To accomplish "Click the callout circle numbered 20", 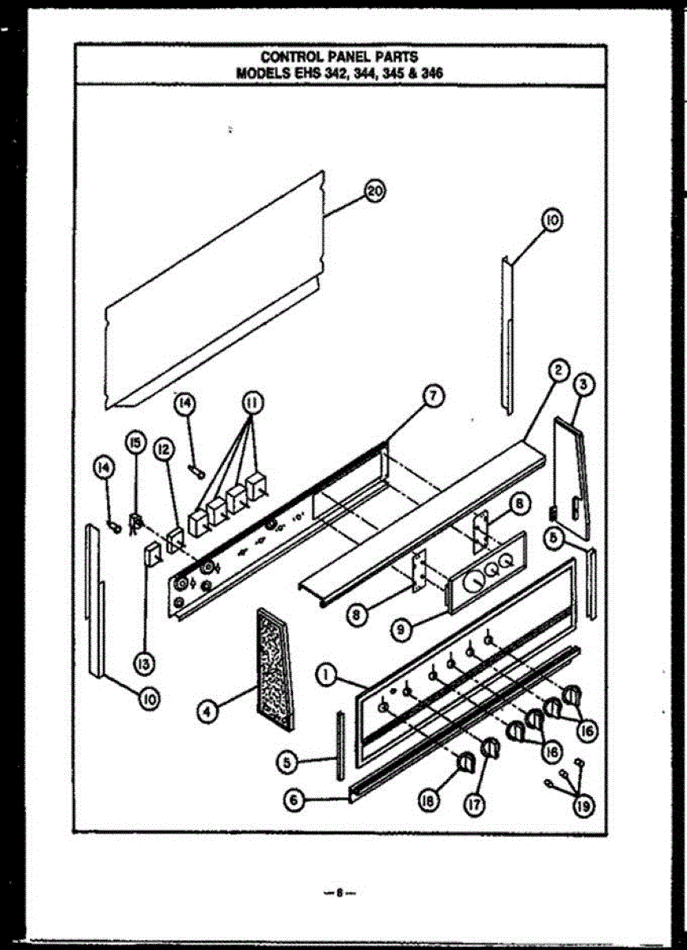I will point(374,191).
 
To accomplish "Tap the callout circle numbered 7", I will point(434,397).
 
